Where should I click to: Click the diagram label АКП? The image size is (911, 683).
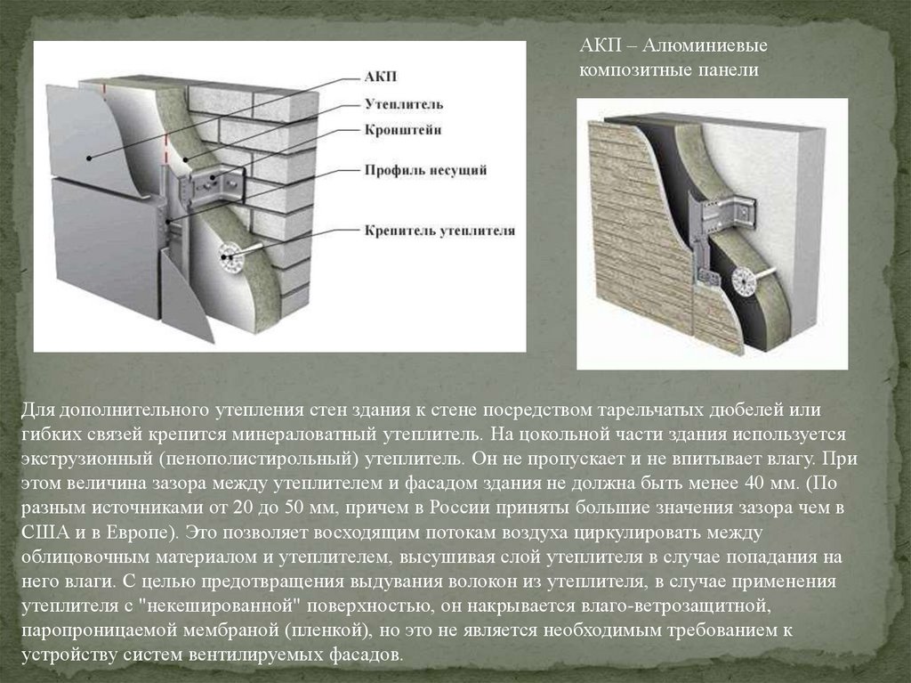point(381,77)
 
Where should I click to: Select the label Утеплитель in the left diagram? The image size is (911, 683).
point(404,104)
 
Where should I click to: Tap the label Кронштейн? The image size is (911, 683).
point(403,130)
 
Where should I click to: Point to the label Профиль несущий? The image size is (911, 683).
point(426,170)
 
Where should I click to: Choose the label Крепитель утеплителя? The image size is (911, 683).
point(439,231)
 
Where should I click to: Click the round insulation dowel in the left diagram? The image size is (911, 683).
point(230,256)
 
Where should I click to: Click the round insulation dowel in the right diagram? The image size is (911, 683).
point(745,282)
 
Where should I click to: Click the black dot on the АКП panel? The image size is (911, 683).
point(89,158)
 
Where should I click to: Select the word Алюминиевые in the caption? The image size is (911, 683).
point(705,45)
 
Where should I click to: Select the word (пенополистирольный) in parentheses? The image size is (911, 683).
point(257,459)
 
